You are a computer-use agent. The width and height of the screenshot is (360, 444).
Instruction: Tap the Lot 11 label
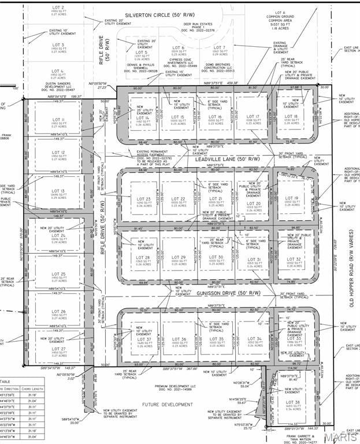click(x=59, y=120)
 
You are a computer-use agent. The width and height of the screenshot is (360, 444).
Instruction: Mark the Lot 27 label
click(x=59, y=349)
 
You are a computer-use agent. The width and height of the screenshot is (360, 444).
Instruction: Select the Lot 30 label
click(x=216, y=257)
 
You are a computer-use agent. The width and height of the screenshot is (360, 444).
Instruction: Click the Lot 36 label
click(x=180, y=339)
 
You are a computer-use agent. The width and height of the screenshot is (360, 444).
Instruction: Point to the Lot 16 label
click(x=216, y=117)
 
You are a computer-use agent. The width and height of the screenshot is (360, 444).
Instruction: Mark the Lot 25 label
click(x=59, y=274)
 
